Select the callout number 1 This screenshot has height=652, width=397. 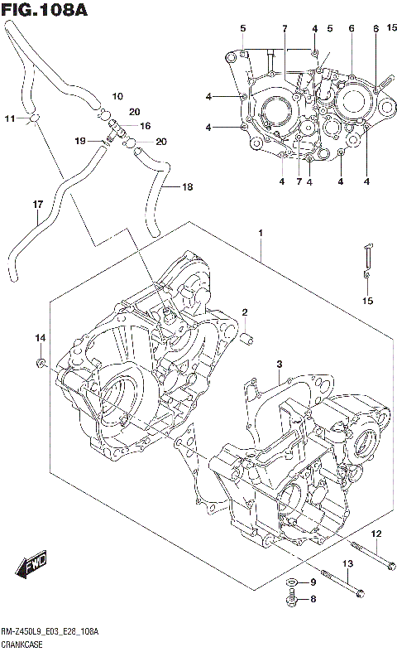pyautogui.click(x=261, y=234)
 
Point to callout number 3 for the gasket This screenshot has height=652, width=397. pyautogui.click(x=280, y=365)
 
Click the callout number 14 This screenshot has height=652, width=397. pyautogui.click(x=38, y=338)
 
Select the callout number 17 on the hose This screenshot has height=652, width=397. pyautogui.click(x=37, y=205)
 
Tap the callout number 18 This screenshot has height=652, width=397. pyautogui.click(x=187, y=187)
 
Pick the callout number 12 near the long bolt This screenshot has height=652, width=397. pyautogui.click(x=375, y=533)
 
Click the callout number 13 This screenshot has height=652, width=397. pyautogui.click(x=348, y=564)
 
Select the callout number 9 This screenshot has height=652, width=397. pyautogui.click(x=313, y=583)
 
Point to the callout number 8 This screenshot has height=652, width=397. pyautogui.click(x=313, y=599)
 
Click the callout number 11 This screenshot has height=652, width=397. pyautogui.click(x=9, y=119)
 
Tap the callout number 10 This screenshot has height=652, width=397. pyautogui.click(x=117, y=96)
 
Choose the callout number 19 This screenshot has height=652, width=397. pyautogui.click(x=80, y=141)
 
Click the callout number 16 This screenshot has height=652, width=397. pyautogui.click(x=145, y=127)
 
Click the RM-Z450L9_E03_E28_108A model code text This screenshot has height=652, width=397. pyautogui.click(x=50, y=631)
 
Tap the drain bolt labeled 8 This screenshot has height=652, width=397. pyautogui.click(x=291, y=599)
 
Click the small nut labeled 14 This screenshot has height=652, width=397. pyautogui.click(x=39, y=364)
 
